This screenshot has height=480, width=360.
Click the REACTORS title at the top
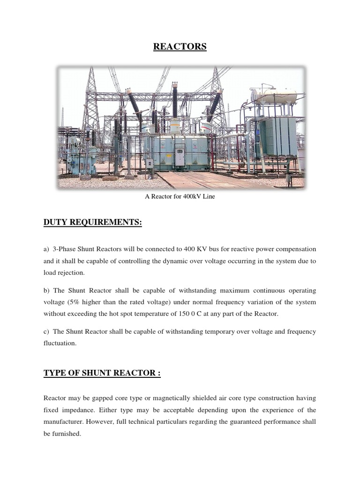(x=180, y=47)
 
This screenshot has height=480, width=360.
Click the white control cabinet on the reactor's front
(x=180, y=156)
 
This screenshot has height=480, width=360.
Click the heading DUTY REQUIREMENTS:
(x=92, y=223)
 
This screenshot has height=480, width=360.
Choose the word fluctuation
(x=60, y=343)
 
